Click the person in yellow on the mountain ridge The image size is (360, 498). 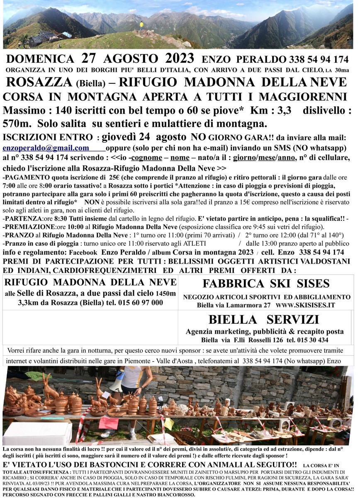tap(141, 25)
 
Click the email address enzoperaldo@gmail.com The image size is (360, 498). tap(46, 148)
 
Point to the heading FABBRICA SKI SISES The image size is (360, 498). tap(266, 284)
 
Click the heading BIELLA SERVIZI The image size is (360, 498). tap(264, 320)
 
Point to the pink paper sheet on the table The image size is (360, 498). tap(109, 422)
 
